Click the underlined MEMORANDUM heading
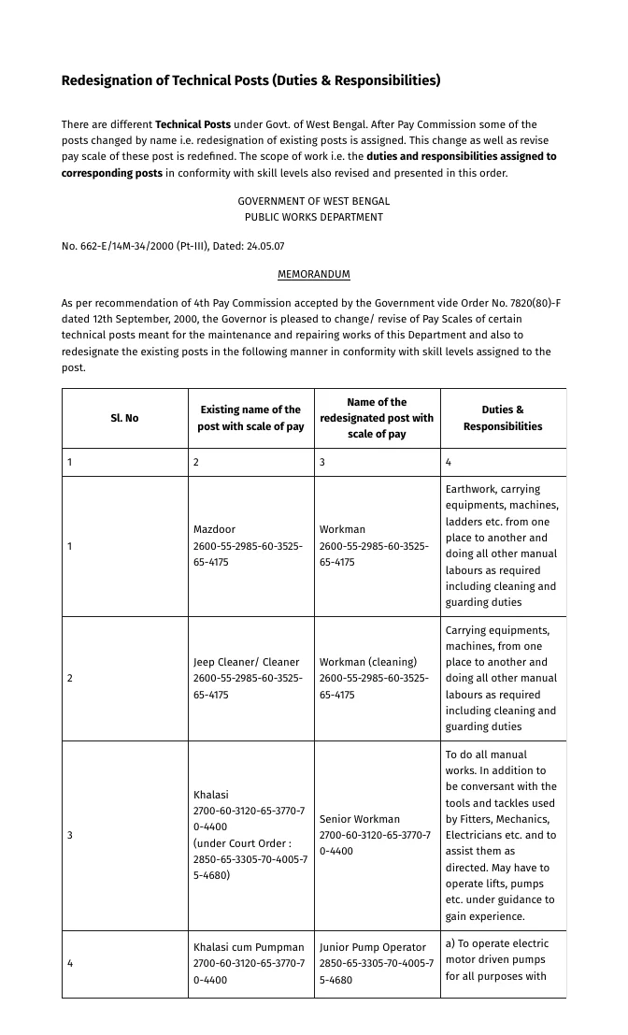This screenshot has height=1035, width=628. coord(313,274)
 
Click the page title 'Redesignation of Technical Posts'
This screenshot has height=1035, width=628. coord(250,80)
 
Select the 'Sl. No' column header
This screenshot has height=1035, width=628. coord(124,418)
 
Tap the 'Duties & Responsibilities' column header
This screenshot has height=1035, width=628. coord(503,418)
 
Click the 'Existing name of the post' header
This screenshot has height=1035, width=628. coord(250,418)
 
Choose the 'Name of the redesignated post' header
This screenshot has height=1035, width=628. coord(377,418)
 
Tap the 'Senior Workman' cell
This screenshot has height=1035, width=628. coord(359,819)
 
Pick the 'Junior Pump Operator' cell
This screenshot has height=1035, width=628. coord(372,947)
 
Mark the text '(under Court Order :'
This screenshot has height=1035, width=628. coord(242,843)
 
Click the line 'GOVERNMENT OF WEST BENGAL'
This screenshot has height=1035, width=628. coord(313,201)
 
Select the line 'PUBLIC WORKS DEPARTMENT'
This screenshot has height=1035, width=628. coord(313,217)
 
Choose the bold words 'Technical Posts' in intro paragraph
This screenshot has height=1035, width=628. coord(193,124)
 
